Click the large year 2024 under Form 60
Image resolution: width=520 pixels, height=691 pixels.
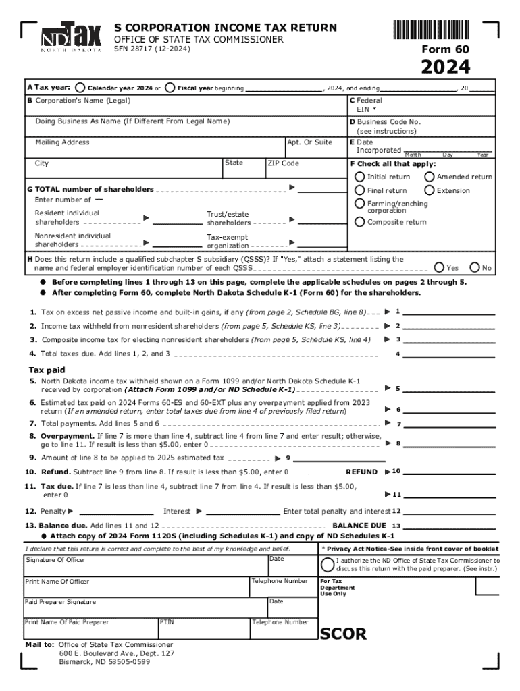(446, 67)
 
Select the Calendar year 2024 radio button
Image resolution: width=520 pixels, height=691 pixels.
(80, 88)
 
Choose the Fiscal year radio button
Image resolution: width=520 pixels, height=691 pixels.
(170, 88)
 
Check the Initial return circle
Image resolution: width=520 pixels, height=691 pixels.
(360, 177)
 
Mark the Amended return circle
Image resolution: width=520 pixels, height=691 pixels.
(429, 177)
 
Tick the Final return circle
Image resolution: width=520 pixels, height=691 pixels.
(360, 190)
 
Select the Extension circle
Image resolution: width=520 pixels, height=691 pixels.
(429, 190)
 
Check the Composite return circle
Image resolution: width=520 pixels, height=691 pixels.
(360, 222)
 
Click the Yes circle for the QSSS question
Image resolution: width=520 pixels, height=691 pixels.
(439, 268)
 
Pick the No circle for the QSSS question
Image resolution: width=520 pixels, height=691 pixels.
(475, 268)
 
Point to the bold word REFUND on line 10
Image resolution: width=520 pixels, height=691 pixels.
(361, 472)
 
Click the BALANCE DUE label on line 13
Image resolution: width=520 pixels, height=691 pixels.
(359, 525)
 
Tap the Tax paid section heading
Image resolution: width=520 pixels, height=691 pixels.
(47, 370)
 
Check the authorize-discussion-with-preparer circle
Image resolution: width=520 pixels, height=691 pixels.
(328, 564)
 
